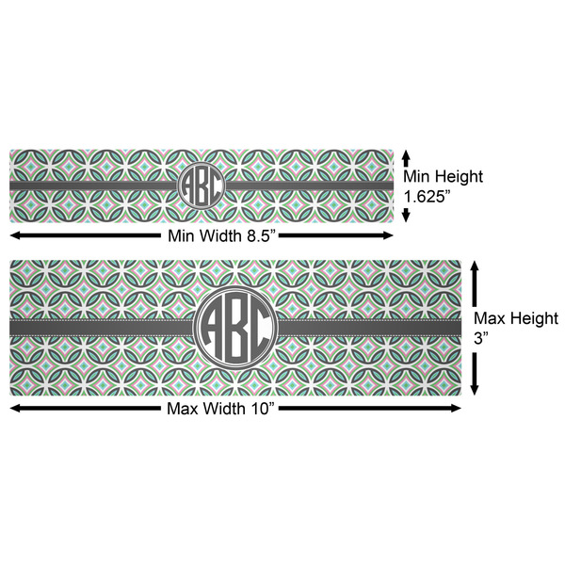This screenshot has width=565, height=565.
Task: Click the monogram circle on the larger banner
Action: tap(235, 327)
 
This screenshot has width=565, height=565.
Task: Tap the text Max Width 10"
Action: tap(222, 408)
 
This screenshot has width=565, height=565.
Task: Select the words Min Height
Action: tap(443, 176)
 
